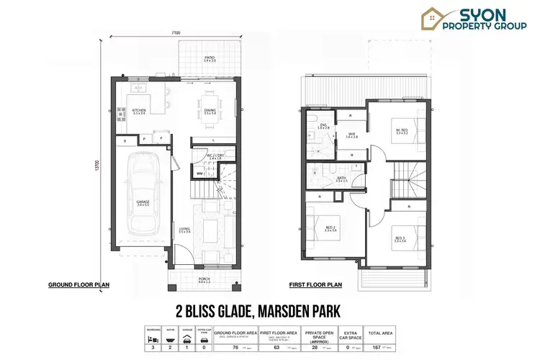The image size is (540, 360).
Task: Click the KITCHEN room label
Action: click(139, 111)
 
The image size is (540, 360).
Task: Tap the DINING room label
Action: click(210, 111)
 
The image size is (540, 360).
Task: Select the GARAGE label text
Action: click(143, 203)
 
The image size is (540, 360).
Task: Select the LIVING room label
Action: click(185, 230)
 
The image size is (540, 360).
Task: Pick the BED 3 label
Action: click(400, 238)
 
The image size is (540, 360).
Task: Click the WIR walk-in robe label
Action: click(352, 135)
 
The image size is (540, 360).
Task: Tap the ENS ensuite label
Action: click(324, 127)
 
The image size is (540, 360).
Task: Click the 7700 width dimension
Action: click(176, 33)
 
